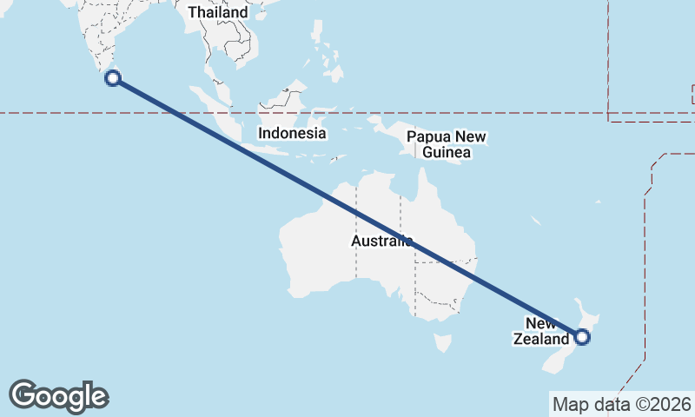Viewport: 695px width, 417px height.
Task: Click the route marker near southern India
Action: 112,78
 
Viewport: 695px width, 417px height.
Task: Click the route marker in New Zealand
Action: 582,337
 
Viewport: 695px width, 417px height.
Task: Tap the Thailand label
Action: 217,13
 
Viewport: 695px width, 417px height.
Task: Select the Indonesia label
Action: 292,134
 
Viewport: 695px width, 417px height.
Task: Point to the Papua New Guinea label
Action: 447,145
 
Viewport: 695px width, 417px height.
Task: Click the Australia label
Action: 381,241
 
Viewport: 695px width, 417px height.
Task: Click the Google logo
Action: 58,395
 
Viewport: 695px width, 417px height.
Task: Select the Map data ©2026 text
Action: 622,404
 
